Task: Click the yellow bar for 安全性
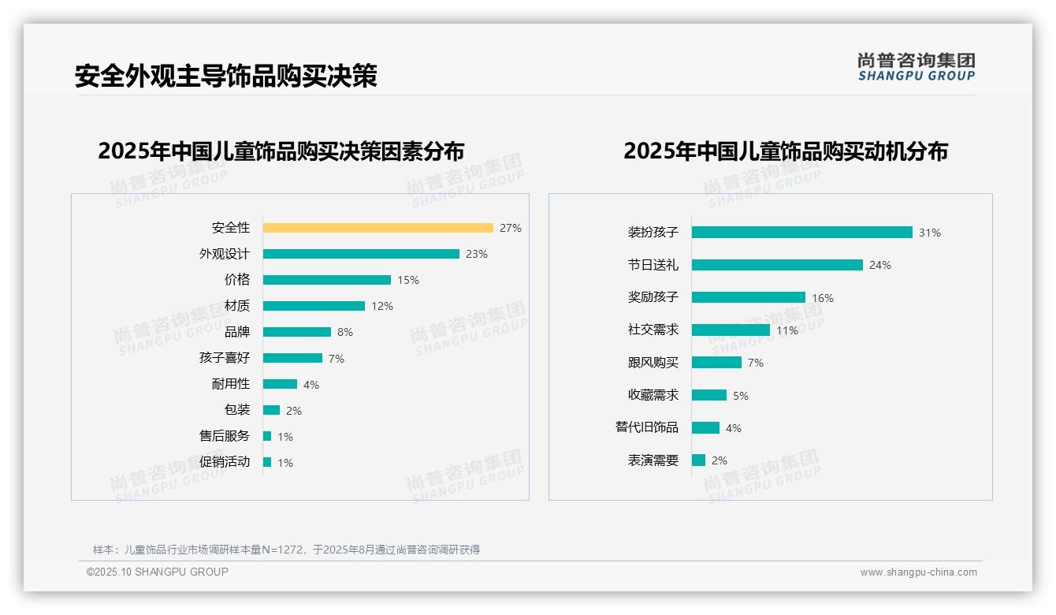click(x=378, y=228)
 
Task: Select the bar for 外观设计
click(x=361, y=254)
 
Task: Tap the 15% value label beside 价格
click(x=408, y=280)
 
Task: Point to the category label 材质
click(x=236, y=306)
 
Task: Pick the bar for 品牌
click(x=297, y=332)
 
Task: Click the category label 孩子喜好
click(x=224, y=358)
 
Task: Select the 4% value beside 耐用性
click(x=310, y=385)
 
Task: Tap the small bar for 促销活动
click(x=267, y=462)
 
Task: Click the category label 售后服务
click(x=224, y=436)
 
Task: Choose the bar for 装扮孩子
click(x=802, y=233)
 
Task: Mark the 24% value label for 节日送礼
click(x=880, y=266)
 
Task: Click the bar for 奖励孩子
click(x=749, y=297)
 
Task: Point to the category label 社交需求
click(x=653, y=330)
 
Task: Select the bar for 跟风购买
click(x=717, y=363)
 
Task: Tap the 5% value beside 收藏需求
click(x=741, y=396)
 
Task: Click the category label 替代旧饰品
click(x=646, y=427)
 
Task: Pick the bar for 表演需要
click(x=699, y=460)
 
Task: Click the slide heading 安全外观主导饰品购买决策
click(x=226, y=76)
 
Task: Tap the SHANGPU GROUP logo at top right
click(x=917, y=67)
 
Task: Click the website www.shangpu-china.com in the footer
click(x=918, y=572)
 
